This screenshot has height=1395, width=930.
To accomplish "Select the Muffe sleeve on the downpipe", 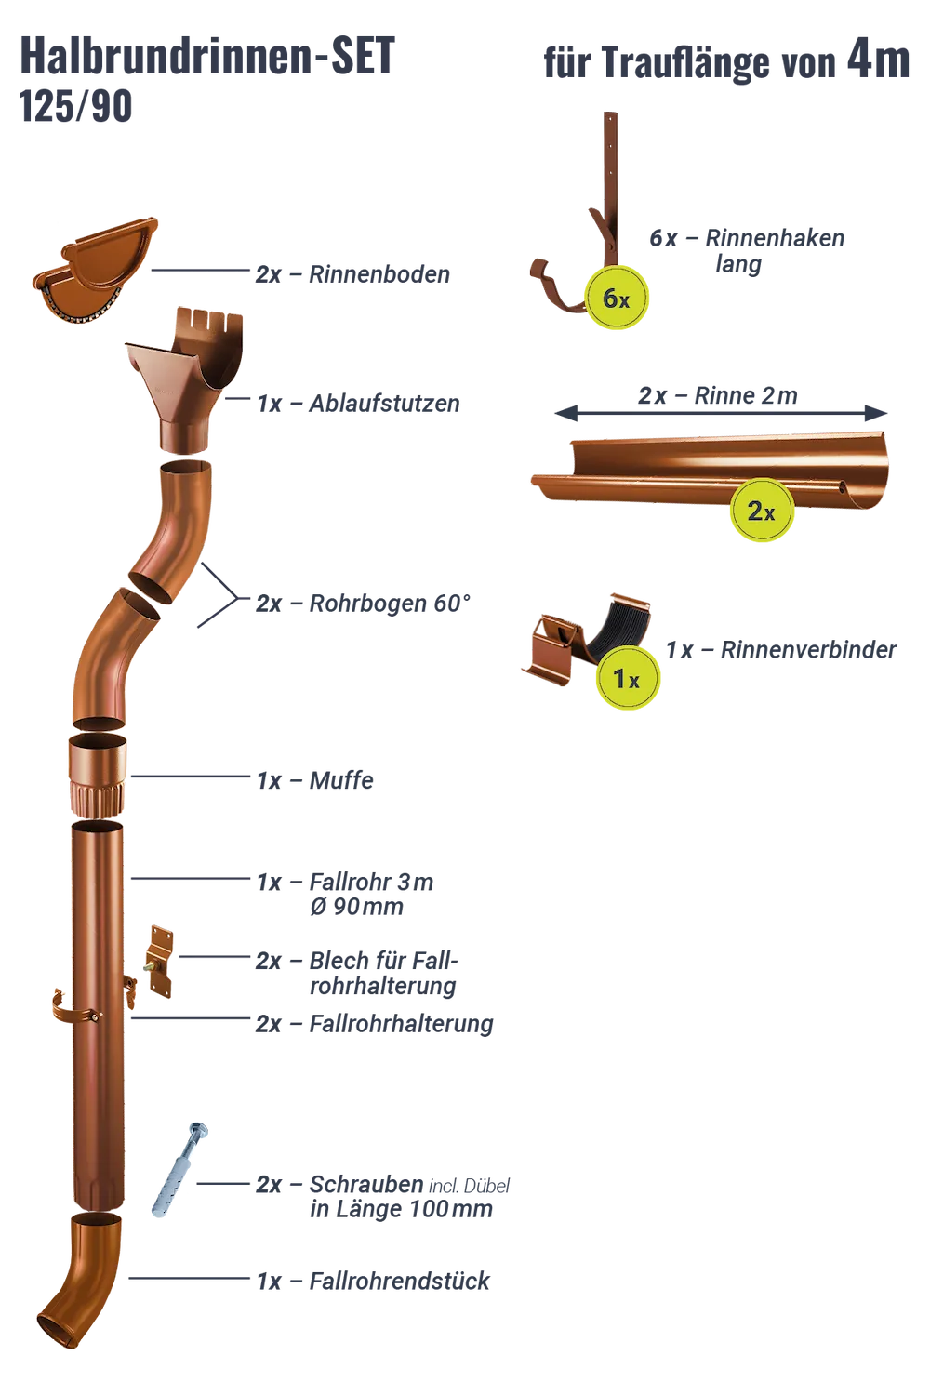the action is [x=98, y=775].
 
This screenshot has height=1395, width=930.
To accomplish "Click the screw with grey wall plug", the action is [x=180, y=1170].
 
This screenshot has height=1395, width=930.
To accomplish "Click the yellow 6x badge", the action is [x=616, y=299].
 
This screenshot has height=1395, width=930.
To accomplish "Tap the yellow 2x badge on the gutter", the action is [x=761, y=511].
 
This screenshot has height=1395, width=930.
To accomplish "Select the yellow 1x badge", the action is [x=627, y=679].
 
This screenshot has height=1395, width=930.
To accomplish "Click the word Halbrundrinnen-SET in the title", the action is [x=207, y=56].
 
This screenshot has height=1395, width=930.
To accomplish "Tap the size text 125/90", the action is [x=75, y=107].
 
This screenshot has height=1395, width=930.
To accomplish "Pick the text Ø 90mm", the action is [x=356, y=907].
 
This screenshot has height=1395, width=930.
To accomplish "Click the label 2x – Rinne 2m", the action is [x=718, y=395].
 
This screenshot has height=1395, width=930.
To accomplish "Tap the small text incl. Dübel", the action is [x=470, y=1187].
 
